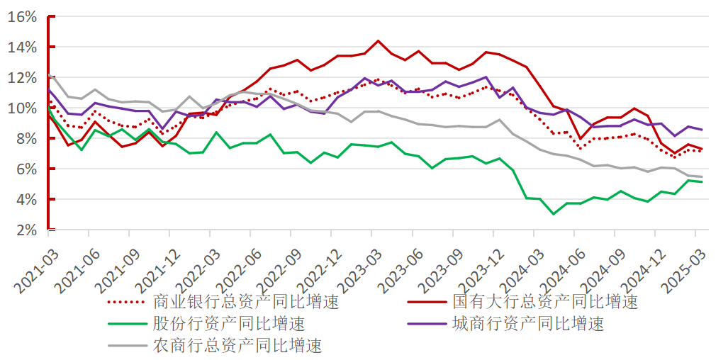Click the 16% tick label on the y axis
click(x=22, y=17)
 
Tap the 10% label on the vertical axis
click(x=22, y=108)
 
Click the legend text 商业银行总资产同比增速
click(x=247, y=302)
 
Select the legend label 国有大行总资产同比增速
click(x=546, y=302)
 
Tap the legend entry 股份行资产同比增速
click(x=230, y=323)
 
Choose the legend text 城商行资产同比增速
click(x=528, y=323)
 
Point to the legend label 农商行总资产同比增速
click(x=237, y=345)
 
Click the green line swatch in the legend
click(x=127, y=324)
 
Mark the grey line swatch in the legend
click(x=127, y=346)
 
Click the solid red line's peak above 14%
click(x=378, y=41)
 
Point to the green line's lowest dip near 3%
click(x=554, y=214)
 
